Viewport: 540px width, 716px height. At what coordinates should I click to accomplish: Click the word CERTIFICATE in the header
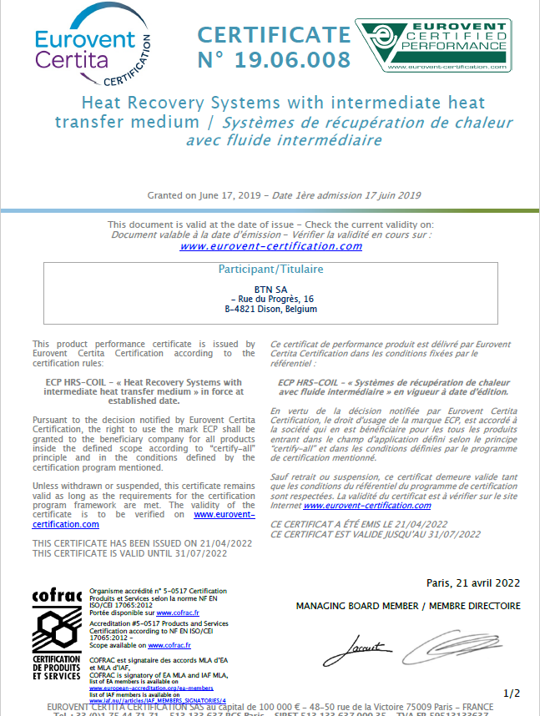274,35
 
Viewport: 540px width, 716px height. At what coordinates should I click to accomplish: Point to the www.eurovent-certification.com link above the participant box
271,246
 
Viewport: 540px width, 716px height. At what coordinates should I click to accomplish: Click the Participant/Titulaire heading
270,270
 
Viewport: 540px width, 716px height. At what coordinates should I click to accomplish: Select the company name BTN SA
270,289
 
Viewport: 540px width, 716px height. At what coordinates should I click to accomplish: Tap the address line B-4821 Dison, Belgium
271,309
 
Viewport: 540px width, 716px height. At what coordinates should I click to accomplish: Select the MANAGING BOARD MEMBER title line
408,606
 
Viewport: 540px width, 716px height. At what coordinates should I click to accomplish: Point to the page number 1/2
512,693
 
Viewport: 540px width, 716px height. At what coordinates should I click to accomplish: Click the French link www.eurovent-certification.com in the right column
367,505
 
